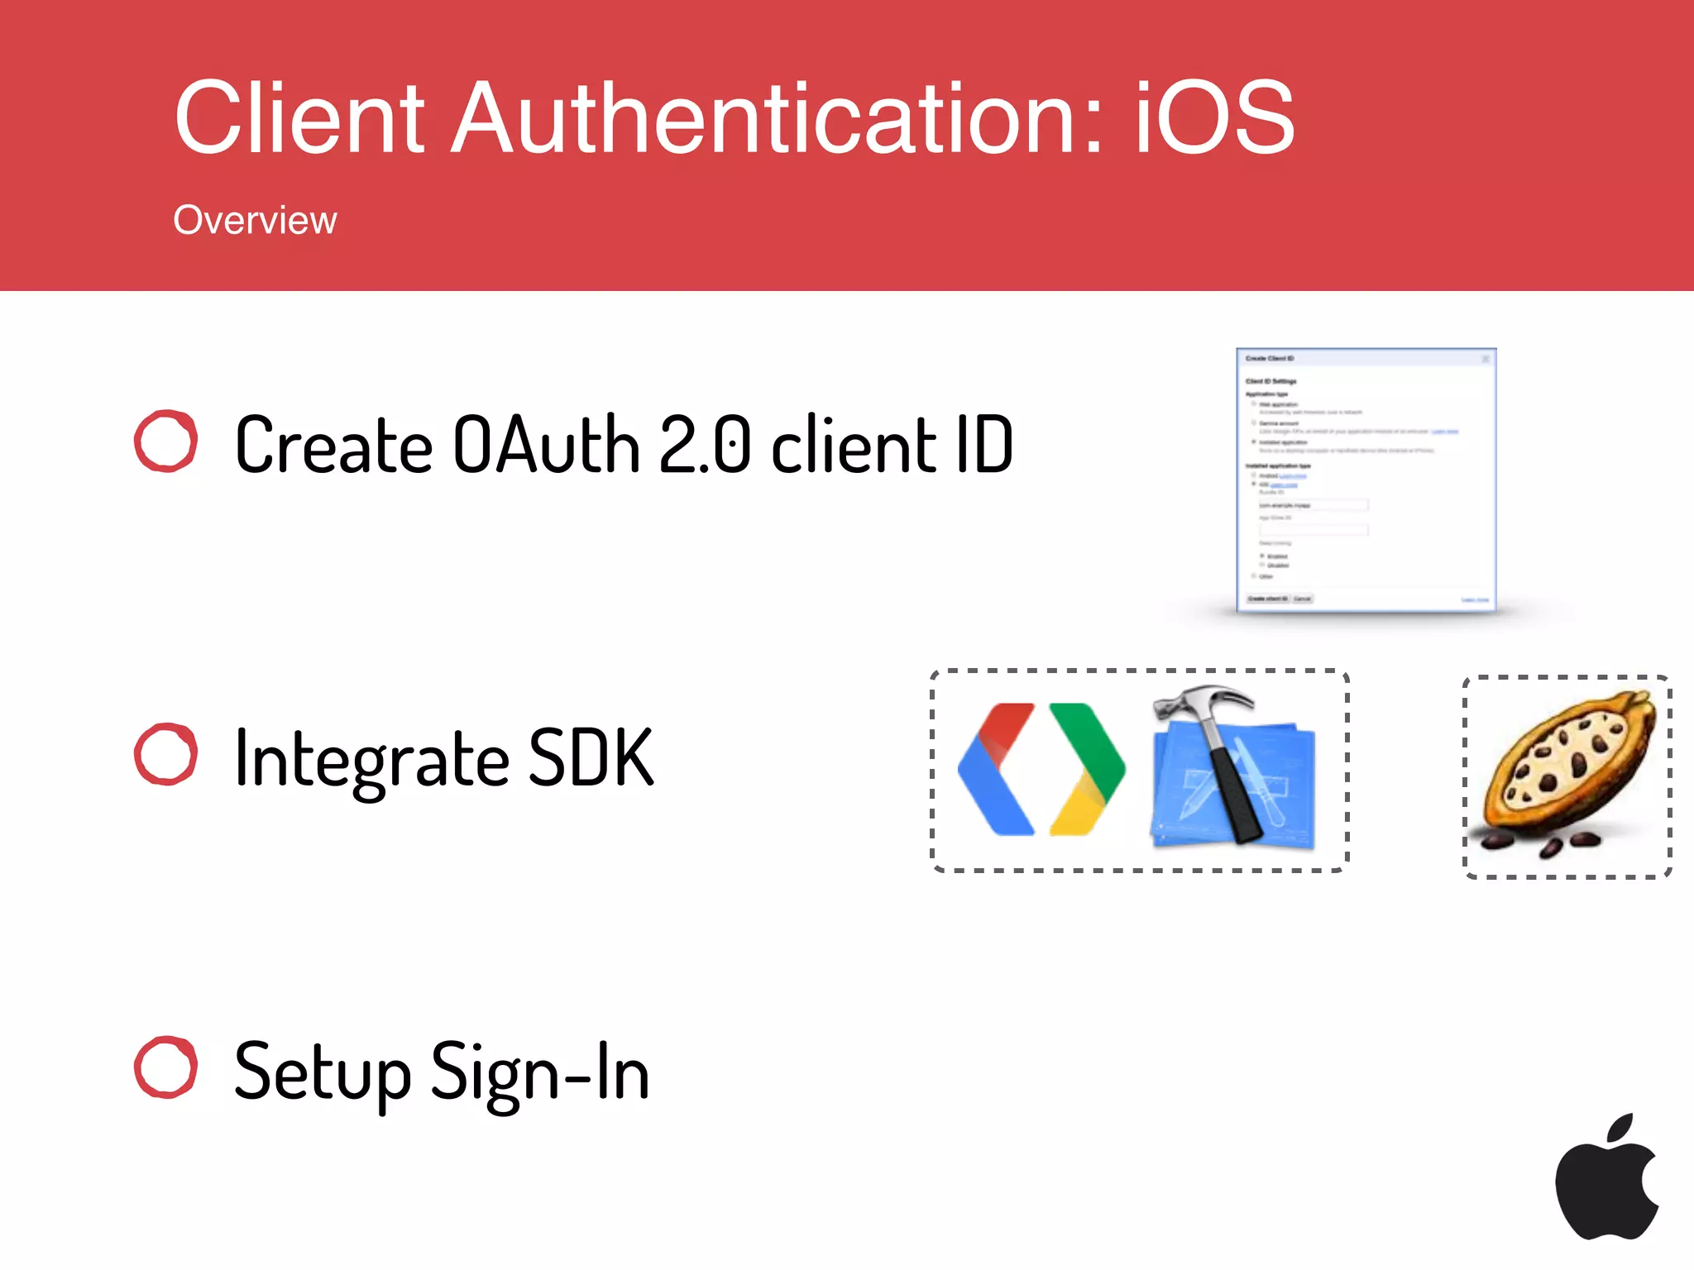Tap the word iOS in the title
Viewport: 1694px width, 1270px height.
(x=1213, y=117)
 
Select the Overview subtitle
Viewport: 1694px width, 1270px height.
(x=255, y=221)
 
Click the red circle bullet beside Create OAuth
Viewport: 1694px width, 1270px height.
(x=166, y=442)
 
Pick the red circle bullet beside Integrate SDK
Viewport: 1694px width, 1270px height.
(x=166, y=754)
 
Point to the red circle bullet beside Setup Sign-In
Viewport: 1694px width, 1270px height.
(x=166, y=1067)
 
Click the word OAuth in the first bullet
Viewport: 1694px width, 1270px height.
(x=547, y=445)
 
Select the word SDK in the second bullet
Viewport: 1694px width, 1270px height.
(x=591, y=757)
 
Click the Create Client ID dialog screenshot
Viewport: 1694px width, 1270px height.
(x=1366, y=480)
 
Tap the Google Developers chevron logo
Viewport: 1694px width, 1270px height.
(x=1041, y=769)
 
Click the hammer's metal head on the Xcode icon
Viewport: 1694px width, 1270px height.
(x=1199, y=703)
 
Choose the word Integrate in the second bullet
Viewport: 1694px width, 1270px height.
(x=372, y=759)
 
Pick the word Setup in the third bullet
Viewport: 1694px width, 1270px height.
(x=323, y=1072)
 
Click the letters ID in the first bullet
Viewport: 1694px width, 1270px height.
(x=984, y=445)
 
